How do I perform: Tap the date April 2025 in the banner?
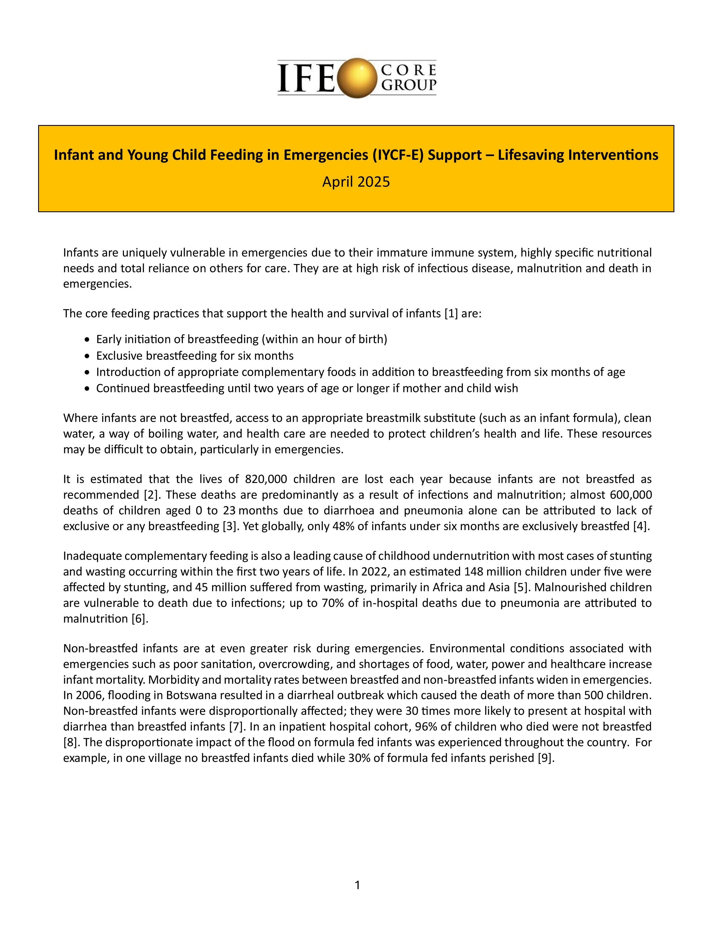356,182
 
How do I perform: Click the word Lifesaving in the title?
530,155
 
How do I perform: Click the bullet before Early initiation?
87,340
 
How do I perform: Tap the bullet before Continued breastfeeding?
87,389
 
